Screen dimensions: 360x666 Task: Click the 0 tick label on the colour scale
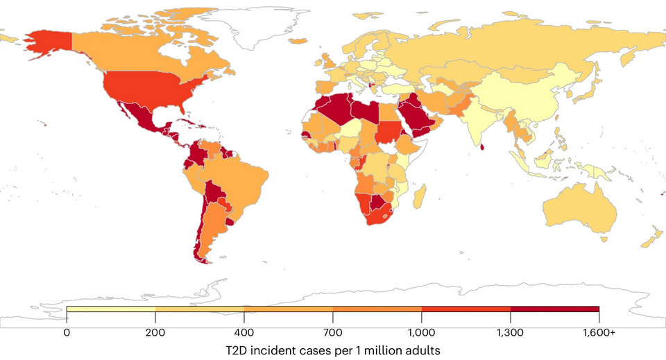coord(67,332)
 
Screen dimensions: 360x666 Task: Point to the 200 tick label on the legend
coord(155,332)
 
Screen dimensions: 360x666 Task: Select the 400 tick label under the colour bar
coord(244,332)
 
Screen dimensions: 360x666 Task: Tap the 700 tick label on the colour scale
coord(333,332)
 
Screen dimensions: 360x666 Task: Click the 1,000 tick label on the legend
coord(422,332)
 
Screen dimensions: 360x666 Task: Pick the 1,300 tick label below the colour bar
coord(511,332)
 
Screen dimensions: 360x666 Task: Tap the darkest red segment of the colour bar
coord(555,309)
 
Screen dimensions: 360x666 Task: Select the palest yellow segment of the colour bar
coord(111,309)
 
